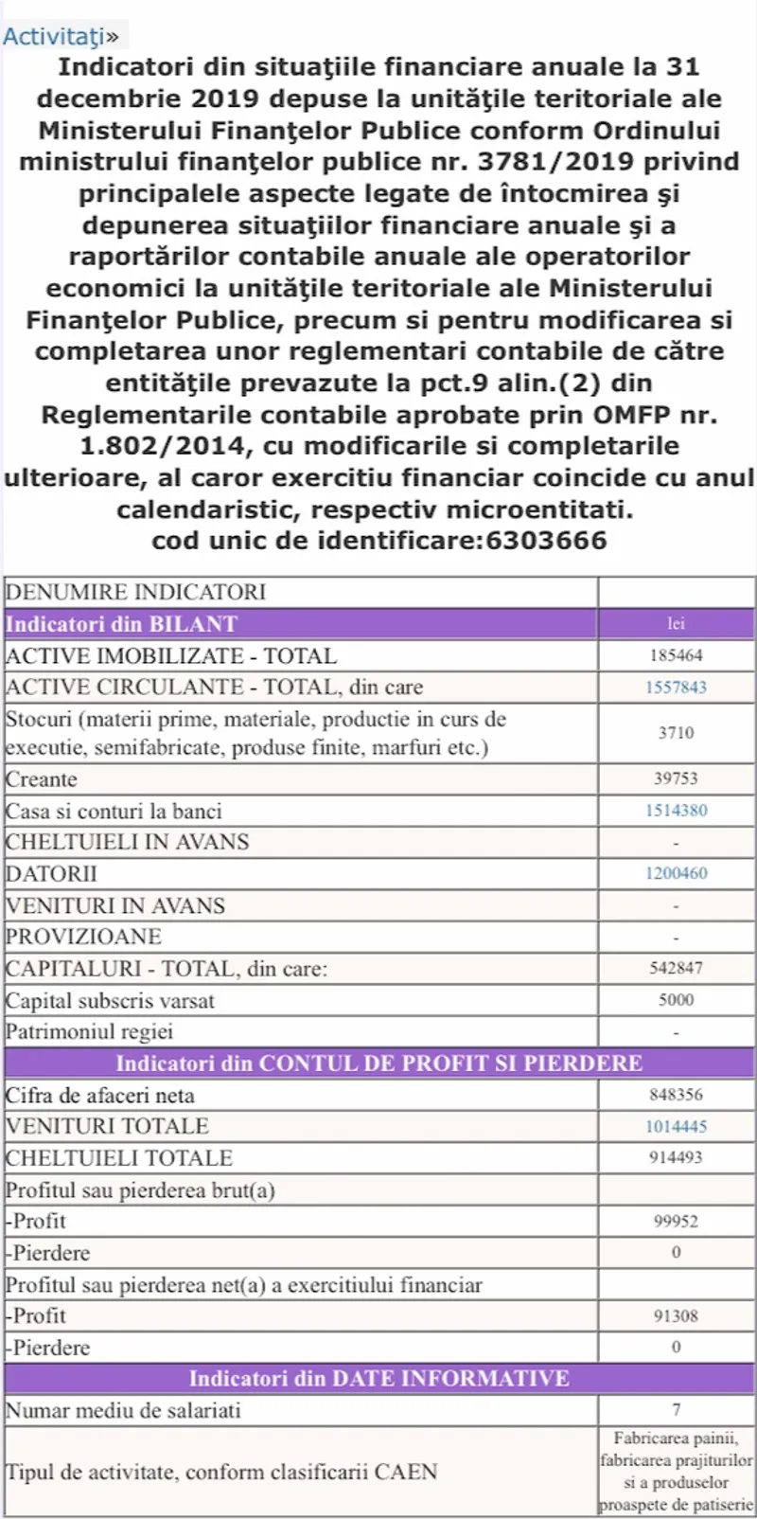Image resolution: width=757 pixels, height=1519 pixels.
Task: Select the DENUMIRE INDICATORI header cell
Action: pos(136,592)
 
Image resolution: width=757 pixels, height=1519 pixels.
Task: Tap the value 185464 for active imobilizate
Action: pos(676,655)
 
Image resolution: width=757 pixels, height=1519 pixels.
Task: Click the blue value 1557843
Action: pos(676,688)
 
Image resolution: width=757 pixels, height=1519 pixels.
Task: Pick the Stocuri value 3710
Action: pos(676,733)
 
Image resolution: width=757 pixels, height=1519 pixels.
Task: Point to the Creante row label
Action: pos(42,779)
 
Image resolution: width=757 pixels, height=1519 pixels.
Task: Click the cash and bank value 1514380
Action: pos(676,811)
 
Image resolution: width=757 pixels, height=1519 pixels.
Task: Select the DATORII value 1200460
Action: pos(676,873)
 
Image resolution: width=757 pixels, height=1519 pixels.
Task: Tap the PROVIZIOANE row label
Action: pos(84,937)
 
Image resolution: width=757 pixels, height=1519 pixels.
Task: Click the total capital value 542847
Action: pos(676,969)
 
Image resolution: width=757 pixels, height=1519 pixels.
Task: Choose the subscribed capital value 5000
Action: pos(676,1000)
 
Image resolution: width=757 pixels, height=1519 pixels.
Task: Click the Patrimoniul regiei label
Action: pos(90,1031)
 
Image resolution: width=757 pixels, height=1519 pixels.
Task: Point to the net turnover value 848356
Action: pos(676,1095)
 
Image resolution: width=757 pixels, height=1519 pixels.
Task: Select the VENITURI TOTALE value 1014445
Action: pos(676,1126)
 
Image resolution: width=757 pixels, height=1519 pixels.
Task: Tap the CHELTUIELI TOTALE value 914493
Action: pos(676,1157)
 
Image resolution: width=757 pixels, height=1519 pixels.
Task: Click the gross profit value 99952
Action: pos(676,1222)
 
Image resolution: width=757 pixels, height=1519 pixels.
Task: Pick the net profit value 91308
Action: pos(676,1315)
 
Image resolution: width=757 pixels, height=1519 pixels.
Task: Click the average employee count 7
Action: pos(676,1410)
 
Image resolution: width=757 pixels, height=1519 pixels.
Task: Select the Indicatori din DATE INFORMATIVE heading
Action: pos(378,1378)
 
